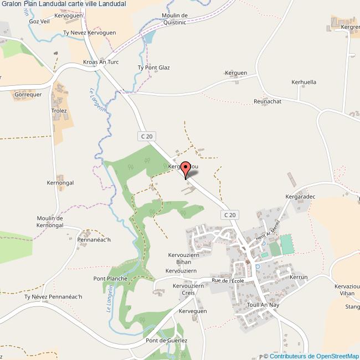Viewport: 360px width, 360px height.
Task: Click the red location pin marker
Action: [186, 169]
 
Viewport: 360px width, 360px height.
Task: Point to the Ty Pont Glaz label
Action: [153, 68]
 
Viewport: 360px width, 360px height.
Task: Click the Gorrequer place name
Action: [28, 95]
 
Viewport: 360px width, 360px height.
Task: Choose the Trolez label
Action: [59, 111]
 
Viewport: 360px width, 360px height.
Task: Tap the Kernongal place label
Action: [60, 183]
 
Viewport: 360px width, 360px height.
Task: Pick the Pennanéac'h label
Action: [94, 240]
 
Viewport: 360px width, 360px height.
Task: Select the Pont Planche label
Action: [110, 279]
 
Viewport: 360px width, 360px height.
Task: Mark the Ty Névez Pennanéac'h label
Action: [53, 297]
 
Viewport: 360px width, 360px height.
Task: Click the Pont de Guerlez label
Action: [167, 341]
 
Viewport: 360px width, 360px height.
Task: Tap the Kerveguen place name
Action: [193, 311]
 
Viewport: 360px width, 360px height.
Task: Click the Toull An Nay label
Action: [261, 305]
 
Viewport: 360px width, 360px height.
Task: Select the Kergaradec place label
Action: [300, 197]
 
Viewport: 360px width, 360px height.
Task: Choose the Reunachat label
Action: [268, 102]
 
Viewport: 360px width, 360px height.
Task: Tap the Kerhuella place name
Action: [304, 82]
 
